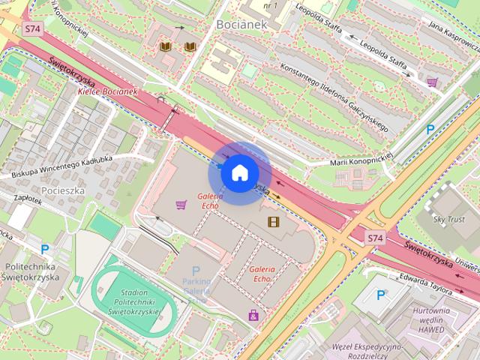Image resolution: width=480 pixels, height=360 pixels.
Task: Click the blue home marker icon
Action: [x=239, y=173]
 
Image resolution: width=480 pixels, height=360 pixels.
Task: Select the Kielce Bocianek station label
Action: [x=107, y=91]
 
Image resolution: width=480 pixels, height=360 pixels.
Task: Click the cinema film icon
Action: [x=273, y=221]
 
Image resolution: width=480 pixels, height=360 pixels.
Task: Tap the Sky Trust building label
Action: [x=450, y=219]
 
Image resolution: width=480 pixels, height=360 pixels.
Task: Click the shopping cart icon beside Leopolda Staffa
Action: [x=432, y=82]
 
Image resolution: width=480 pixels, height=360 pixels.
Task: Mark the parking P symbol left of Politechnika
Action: [x=45, y=249]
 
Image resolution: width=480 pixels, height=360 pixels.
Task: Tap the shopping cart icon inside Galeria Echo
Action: [x=181, y=203]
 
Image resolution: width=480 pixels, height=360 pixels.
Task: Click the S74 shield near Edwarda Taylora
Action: [x=375, y=238]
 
